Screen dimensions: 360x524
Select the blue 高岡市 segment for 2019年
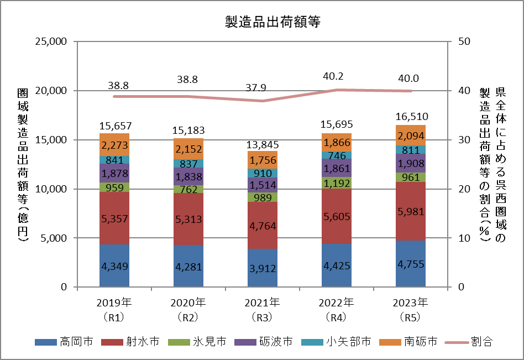(114, 265)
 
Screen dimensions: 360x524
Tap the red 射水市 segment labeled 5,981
(411, 211)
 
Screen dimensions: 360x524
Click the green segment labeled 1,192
(337, 182)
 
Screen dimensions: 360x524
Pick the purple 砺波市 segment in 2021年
(263, 185)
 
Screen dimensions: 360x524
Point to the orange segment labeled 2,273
(114, 145)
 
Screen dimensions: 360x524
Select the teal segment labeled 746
(337, 155)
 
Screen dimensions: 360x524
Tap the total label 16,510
(411, 117)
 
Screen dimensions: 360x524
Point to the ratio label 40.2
(337, 77)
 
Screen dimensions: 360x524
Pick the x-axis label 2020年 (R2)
(188, 310)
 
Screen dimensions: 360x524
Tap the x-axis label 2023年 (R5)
(411, 310)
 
